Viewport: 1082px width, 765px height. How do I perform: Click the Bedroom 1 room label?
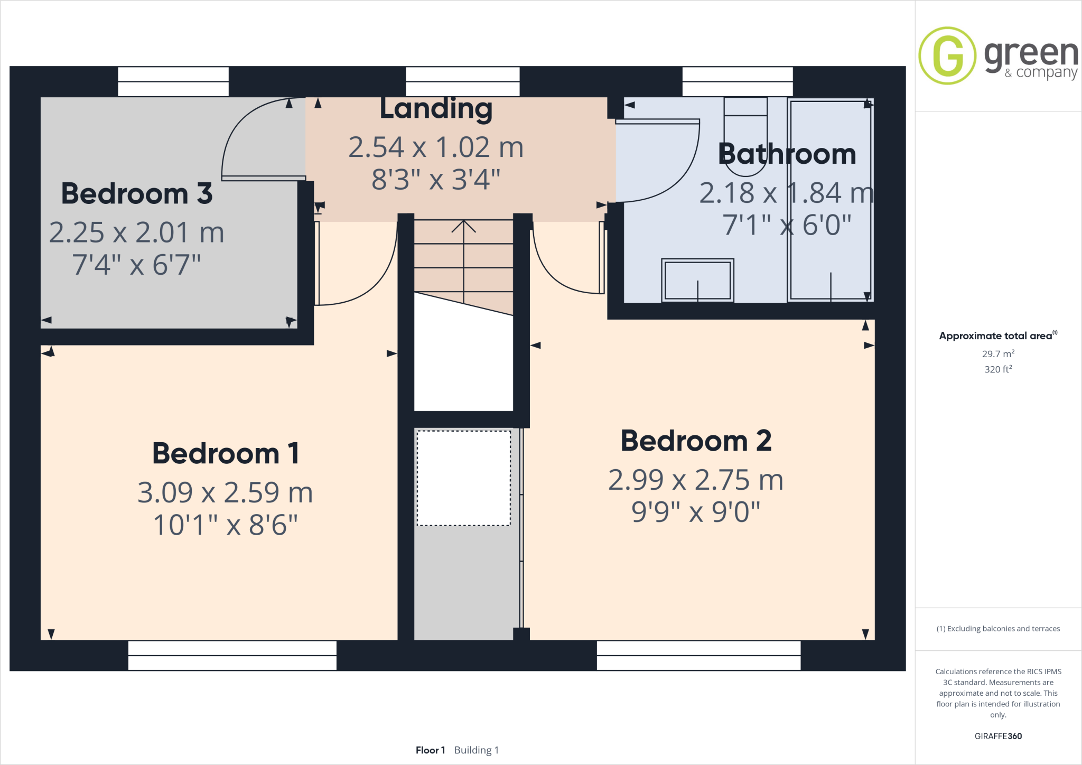click(226, 454)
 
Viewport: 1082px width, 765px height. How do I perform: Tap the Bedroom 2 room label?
click(696, 441)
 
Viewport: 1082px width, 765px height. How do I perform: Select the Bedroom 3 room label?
click(137, 194)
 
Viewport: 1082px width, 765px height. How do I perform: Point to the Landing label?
click(436, 109)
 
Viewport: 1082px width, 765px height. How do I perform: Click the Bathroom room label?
click(787, 154)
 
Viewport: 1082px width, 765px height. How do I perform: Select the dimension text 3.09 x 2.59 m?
click(225, 493)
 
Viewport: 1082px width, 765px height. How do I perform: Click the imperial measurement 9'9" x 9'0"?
click(696, 512)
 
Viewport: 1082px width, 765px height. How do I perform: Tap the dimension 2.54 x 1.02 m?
click(436, 147)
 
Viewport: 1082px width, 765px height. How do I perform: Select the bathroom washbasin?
click(697, 280)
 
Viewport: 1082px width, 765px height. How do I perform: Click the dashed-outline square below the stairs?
click(463, 478)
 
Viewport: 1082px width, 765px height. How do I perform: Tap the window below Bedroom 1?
click(232, 656)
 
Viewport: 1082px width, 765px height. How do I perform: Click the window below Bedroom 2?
click(698, 656)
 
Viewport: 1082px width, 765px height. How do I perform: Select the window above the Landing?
click(462, 81)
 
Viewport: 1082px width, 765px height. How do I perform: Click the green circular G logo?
click(947, 55)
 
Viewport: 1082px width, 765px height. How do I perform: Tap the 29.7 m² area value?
click(998, 354)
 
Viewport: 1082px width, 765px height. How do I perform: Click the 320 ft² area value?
click(998, 369)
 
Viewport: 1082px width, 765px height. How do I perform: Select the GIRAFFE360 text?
click(998, 736)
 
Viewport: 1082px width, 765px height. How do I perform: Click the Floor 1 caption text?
click(430, 750)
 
